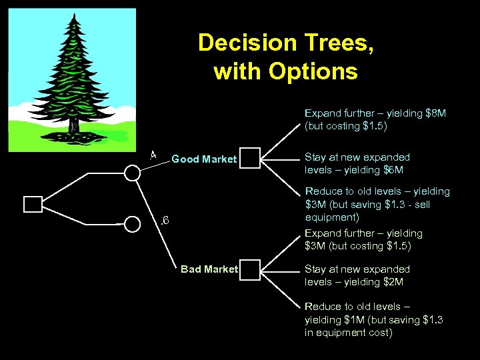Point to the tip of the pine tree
(71, 15)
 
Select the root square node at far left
(33, 205)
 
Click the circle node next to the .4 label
(133, 173)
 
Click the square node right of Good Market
(249, 158)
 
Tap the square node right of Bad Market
(249, 269)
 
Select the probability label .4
(153, 155)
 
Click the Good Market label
(204, 159)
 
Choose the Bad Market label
(209, 269)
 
